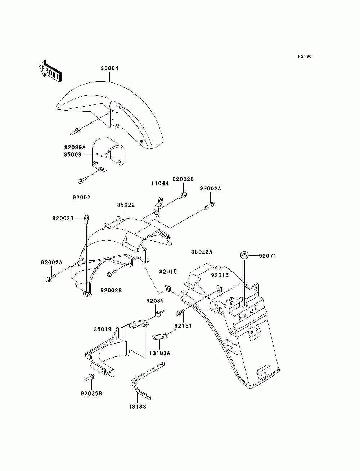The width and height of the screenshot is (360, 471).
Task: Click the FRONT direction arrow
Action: [x=50, y=71]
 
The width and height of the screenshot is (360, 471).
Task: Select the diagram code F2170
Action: [x=305, y=56]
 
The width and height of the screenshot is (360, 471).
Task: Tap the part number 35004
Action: [x=110, y=68]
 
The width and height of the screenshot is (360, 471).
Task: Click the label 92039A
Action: [x=75, y=147]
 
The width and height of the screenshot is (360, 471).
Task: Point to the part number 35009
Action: [x=72, y=154]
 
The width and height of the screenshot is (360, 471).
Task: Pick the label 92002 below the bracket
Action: [x=81, y=197]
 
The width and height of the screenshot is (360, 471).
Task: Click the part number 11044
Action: [x=160, y=183]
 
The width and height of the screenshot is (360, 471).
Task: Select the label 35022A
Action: [x=202, y=251]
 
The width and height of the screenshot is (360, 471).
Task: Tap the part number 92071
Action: [x=267, y=256]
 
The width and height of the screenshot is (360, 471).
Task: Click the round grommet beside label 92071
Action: [x=244, y=256]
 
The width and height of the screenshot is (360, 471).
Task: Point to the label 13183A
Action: [x=159, y=353]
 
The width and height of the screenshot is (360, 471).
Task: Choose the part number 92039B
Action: [x=91, y=394]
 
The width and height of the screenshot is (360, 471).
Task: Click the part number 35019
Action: [x=102, y=329]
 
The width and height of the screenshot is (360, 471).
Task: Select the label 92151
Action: [x=183, y=326]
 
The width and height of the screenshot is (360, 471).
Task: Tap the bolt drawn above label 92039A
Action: [x=75, y=131]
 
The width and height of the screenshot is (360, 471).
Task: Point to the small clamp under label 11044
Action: [x=158, y=208]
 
